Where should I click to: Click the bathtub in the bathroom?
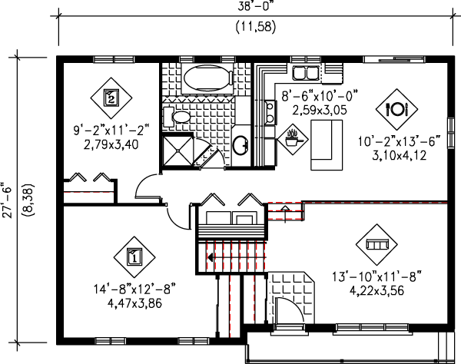click(207, 78)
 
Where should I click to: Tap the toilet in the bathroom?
click(177, 117)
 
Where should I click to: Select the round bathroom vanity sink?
click(241, 145)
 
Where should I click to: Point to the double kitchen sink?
click(305, 73)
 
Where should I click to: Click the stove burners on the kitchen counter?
click(270, 112)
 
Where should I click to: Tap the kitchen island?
click(327, 144)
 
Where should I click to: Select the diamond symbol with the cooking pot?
click(294, 139)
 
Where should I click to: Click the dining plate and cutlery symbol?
click(396, 109)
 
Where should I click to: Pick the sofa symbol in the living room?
click(376, 244)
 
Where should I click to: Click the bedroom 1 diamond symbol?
click(134, 257)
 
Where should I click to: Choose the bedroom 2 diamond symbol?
click(111, 98)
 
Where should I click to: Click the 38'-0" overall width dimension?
click(256, 6)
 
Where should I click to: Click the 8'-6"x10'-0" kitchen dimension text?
click(320, 96)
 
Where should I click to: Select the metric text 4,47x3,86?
click(134, 303)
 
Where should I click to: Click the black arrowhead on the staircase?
click(211, 257)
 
